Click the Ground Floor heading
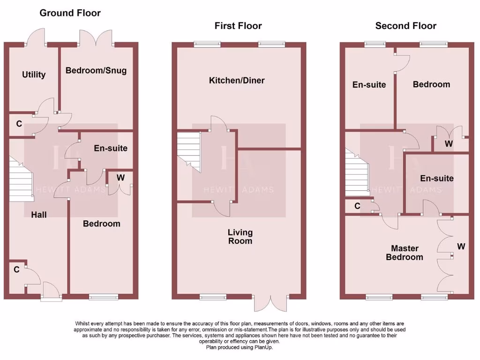70,13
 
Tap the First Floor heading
238,26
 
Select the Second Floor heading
405,26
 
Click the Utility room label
34,75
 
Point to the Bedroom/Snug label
96,70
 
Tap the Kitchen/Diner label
237,81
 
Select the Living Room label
240,237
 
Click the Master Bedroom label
405,253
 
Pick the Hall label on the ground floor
39,215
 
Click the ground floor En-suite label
111,148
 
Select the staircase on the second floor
357,172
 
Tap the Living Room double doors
270,303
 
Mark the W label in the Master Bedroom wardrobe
461,247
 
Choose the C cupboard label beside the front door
16,270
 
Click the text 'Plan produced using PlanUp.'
240,347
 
